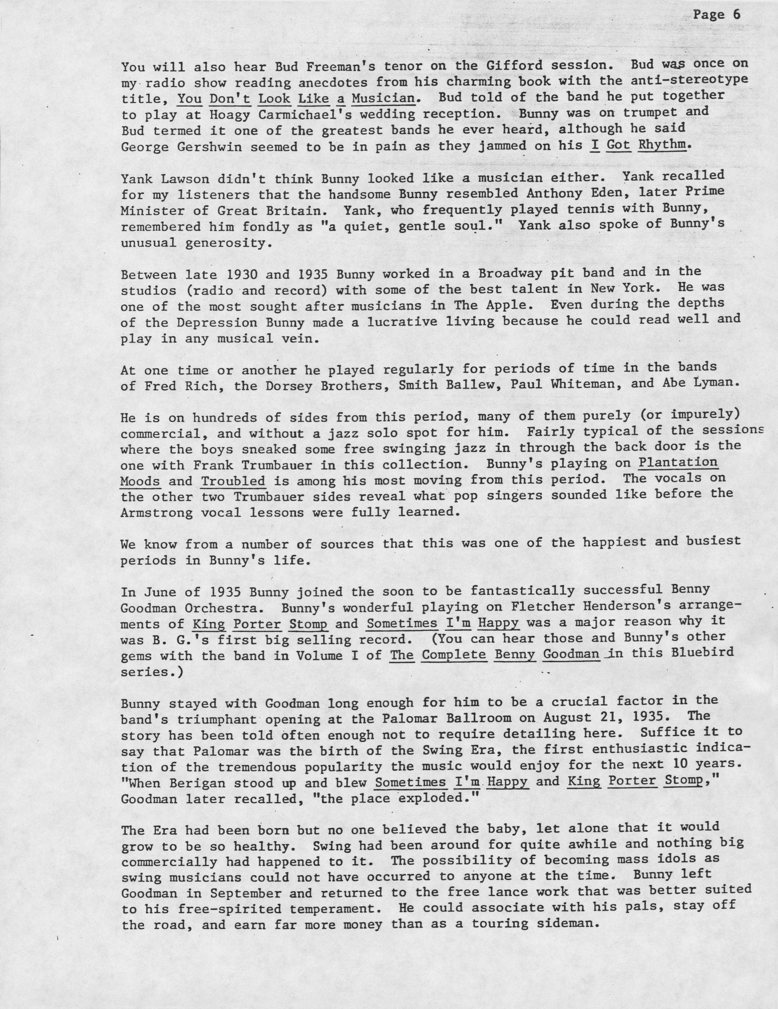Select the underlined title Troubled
233,481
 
